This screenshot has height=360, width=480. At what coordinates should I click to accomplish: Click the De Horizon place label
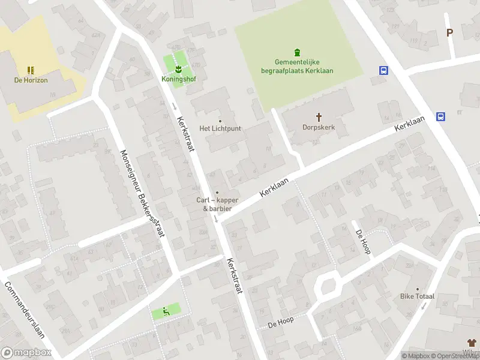pos(31,80)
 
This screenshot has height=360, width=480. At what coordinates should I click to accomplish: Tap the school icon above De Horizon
pos(31,70)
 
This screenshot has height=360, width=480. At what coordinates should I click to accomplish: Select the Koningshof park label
pos(178,79)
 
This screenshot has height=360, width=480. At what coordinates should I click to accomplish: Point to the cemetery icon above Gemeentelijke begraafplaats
pos(297,52)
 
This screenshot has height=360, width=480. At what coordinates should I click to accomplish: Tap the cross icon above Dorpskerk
pos(319,117)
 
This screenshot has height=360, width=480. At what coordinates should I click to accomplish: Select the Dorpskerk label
pos(319,127)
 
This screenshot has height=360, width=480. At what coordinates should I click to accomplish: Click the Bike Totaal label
pos(417,296)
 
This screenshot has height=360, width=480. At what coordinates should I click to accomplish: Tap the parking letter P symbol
pos(449,33)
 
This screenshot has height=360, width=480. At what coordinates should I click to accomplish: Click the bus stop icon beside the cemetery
pos(383,70)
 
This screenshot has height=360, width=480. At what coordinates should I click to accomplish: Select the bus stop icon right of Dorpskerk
pos(441,117)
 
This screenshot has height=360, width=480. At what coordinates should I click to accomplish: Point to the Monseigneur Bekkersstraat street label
pos(143,193)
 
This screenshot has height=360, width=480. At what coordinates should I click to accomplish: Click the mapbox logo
pos(26,353)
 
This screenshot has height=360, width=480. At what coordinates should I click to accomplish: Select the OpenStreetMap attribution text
pos(457,356)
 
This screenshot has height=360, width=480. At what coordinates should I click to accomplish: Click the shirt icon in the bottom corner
pos(472,342)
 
